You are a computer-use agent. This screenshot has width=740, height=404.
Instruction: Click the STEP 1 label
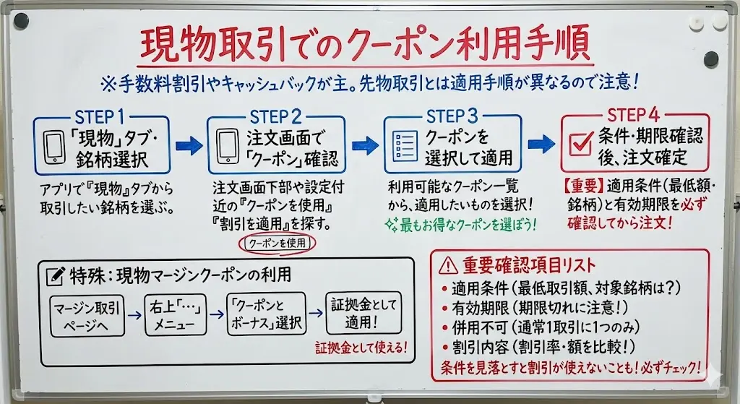[104, 117]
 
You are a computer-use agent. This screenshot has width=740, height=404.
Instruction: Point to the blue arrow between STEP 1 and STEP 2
[189, 146]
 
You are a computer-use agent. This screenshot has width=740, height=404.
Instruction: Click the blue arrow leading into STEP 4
[541, 145]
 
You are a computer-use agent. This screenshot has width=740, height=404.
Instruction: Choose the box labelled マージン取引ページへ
[86, 315]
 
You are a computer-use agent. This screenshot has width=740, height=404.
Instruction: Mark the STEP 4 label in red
[633, 116]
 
